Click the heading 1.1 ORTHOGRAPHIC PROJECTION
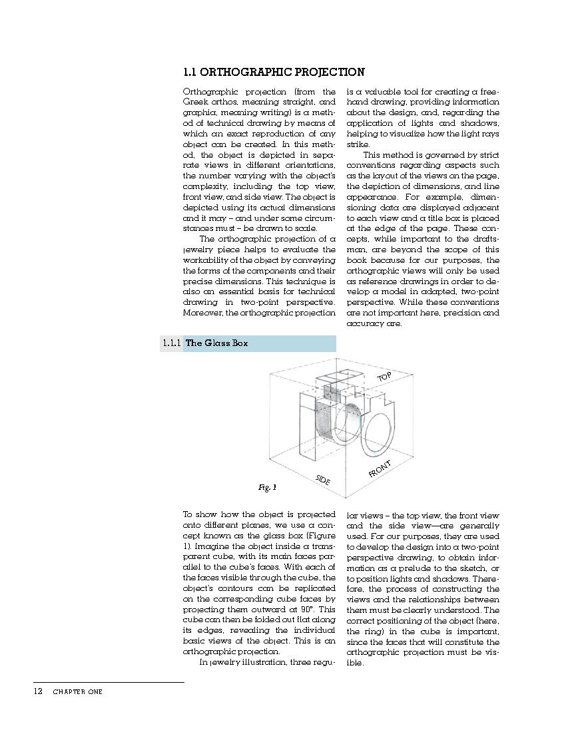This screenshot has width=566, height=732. click(274, 73)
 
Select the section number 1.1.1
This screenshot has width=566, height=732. click(171, 343)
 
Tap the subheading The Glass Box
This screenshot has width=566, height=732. click(216, 343)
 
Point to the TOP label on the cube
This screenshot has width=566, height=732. click(384, 377)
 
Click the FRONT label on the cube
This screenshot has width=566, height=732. click(380, 468)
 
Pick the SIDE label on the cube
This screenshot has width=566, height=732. click(323, 479)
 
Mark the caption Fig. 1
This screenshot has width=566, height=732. click(267, 488)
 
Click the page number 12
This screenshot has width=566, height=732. click(38, 691)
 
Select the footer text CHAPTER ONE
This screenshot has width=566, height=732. click(78, 692)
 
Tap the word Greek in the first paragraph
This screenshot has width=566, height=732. click(194, 102)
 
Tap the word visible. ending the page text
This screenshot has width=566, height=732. click(355, 663)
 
